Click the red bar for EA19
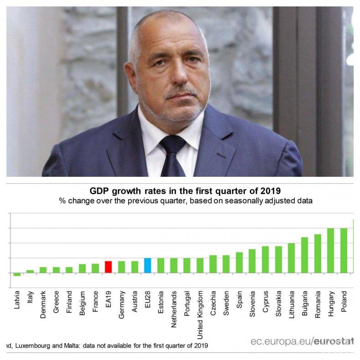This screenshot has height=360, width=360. pyautogui.click(x=108, y=267)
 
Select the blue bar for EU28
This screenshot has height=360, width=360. pyautogui.click(x=147, y=265)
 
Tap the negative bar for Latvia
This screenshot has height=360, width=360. pyautogui.click(x=17, y=274)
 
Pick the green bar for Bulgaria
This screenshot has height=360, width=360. pyautogui.click(x=304, y=255)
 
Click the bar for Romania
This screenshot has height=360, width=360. pyautogui.click(x=318, y=253)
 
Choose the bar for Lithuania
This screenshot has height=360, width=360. pyautogui.click(x=291, y=258)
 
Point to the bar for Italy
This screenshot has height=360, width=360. pyautogui.click(x=30, y=272)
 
